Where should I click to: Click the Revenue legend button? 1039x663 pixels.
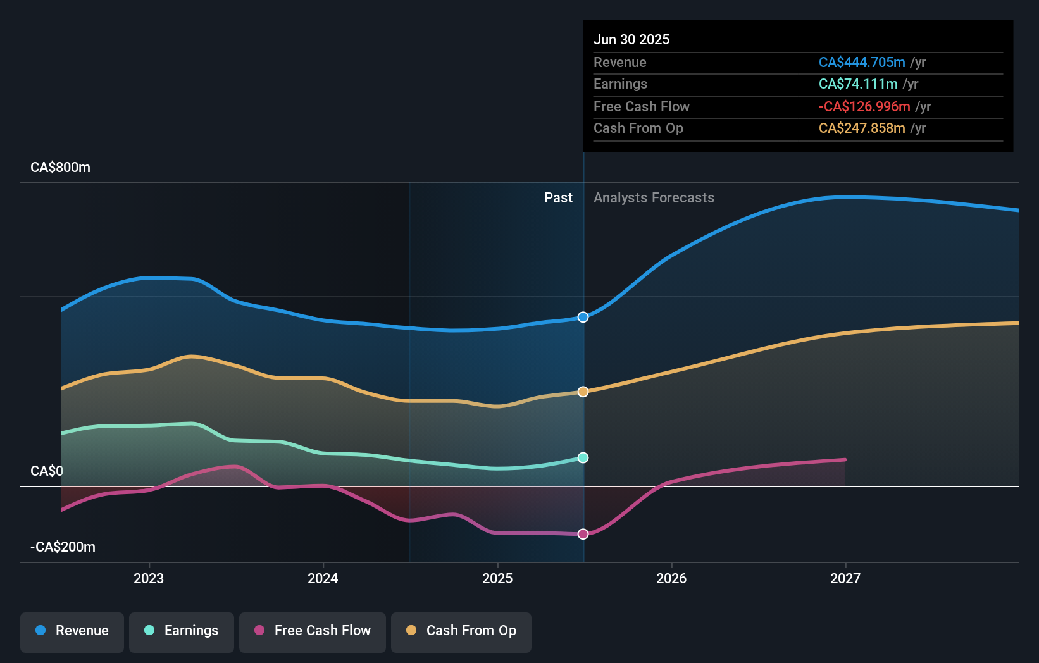pyautogui.click(x=72, y=631)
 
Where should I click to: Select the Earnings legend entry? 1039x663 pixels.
pyautogui.click(x=182, y=631)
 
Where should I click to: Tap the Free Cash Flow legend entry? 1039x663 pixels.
pyautogui.click(x=313, y=631)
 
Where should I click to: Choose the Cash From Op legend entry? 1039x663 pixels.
pyautogui.click(x=461, y=631)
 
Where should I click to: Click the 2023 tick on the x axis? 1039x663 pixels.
pyautogui.click(x=149, y=578)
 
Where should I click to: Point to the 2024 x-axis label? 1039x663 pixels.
pyautogui.click(x=323, y=578)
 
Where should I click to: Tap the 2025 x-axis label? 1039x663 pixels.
pyautogui.click(x=497, y=578)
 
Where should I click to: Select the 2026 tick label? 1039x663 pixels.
pyautogui.click(x=671, y=578)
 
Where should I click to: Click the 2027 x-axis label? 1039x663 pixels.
pyautogui.click(x=845, y=578)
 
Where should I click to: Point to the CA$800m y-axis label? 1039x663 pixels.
pyautogui.click(x=61, y=168)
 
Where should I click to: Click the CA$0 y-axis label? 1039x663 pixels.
pyautogui.click(x=47, y=471)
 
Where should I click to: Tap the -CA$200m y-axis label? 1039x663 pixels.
pyautogui.click(x=63, y=547)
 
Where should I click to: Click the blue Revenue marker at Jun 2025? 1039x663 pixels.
pyautogui.click(x=583, y=317)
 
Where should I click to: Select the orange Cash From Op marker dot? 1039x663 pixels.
pyautogui.click(x=583, y=392)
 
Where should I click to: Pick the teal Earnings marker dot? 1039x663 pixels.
pyautogui.click(x=583, y=457)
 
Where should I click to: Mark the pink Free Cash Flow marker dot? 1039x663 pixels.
pyautogui.click(x=583, y=534)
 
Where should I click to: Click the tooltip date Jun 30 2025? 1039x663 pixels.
pyautogui.click(x=631, y=40)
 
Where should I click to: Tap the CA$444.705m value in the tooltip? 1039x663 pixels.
pyautogui.click(x=862, y=63)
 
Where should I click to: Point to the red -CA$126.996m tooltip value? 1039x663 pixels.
pyautogui.click(x=864, y=107)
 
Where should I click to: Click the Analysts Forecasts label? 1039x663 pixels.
pyautogui.click(x=654, y=198)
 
